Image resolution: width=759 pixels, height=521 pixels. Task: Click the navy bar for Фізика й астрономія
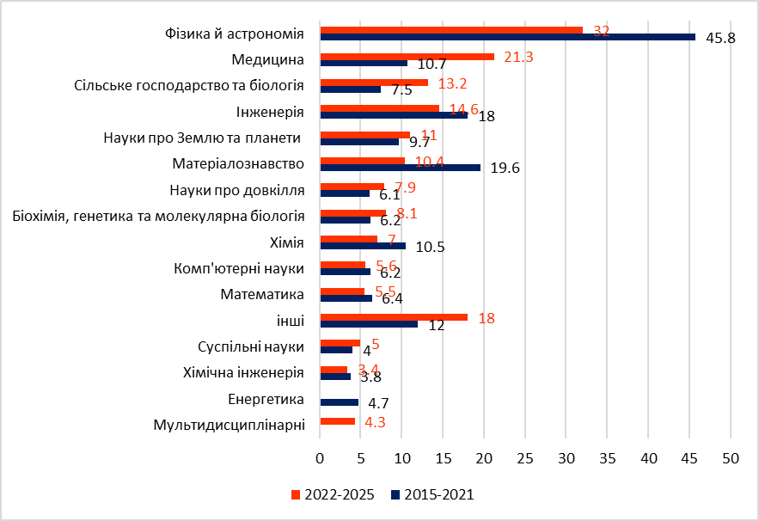pos(507,37)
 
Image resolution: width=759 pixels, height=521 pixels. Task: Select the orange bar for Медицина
pos(407,57)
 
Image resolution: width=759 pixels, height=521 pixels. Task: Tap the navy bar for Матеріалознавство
pos(400,167)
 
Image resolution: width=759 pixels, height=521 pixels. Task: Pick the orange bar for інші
pos(393,317)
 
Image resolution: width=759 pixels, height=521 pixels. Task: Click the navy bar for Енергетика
pos(339,402)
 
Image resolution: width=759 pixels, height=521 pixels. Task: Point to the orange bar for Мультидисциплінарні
pos(337,421)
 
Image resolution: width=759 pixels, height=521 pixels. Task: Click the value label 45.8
pos(720,39)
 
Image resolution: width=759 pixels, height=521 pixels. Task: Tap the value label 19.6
pos(505,169)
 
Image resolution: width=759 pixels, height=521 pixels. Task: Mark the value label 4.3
pos(375,422)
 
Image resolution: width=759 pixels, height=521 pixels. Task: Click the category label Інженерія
pos(270,113)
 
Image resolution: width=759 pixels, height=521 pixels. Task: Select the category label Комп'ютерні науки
pos(239,269)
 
